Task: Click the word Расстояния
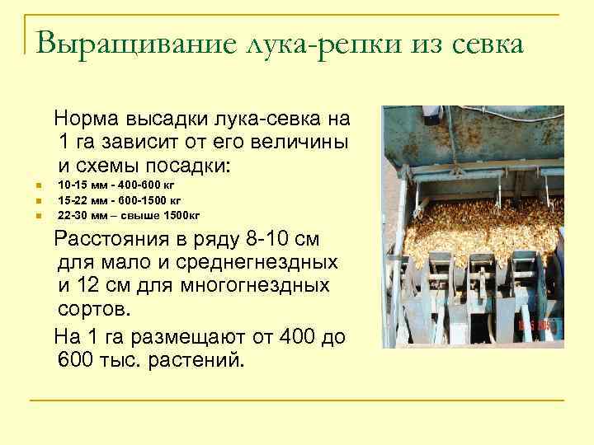pos(112,241)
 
